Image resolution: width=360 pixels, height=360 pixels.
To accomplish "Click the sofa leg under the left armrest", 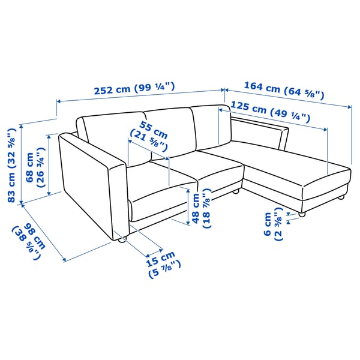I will [x=122, y=241].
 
